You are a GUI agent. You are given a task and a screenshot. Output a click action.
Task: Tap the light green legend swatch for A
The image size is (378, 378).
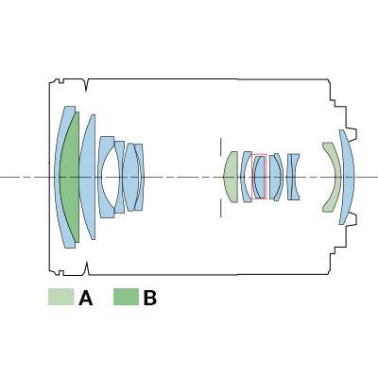(x=61, y=297)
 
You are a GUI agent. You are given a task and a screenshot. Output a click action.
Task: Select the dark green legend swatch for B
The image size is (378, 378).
(x=126, y=297)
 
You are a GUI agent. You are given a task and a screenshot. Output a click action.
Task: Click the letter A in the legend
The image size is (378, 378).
(x=86, y=298)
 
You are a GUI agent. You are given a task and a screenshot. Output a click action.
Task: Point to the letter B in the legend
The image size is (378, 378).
(x=150, y=298)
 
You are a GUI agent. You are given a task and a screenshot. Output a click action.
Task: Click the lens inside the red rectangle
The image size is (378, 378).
(x=260, y=177)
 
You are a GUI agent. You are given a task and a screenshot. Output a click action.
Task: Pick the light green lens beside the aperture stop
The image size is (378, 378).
(x=232, y=177)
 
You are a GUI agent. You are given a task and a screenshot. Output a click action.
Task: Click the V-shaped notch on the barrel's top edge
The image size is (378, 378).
(x=87, y=86)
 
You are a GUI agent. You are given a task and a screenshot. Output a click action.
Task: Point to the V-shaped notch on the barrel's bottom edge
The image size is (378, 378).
(x=87, y=267)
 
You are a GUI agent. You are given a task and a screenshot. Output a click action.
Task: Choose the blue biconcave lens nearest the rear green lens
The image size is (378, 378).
(x=293, y=177)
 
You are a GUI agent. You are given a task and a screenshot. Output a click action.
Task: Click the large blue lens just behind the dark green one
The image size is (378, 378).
(x=88, y=177)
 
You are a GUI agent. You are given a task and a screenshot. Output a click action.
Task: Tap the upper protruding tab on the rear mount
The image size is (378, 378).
(x=352, y=133)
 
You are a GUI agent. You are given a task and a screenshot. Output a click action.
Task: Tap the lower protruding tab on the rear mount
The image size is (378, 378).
(x=352, y=219)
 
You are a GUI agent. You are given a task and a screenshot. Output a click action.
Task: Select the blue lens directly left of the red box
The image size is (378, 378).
(x=246, y=177)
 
